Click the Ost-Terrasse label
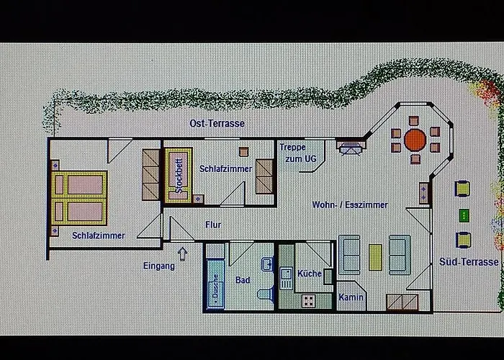point(217,123)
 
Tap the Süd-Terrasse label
point(469,262)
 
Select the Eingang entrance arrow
point(181,253)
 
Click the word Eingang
point(158,266)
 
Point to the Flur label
point(213,225)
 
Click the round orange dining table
point(415,139)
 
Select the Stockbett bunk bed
point(178,176)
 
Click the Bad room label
point(243,279)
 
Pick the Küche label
point(309,274)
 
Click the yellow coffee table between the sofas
point(375,257)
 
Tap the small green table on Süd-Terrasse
point(464,215)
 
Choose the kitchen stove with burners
point(309,301)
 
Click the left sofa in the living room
point(350,255)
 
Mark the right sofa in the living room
point(400,255)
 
